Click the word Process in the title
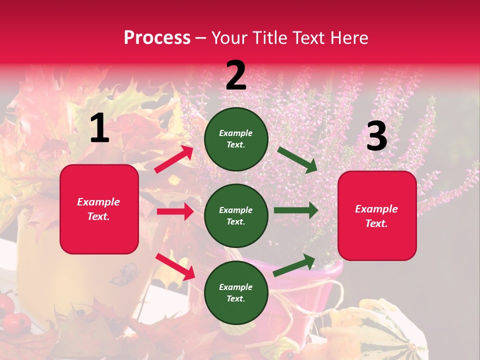[157, 38]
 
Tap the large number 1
[99, 128]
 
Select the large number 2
[236, 75]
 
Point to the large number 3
[376, 136]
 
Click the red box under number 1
[99, 209]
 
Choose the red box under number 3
[377, 215]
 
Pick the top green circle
[236, 139]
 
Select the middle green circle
[236, 215]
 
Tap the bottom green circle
[236, 292]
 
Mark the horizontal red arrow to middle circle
[175, 211]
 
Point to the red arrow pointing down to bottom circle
[175, 266]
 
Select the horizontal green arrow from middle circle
[295, 210]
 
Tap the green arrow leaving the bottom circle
[294, 265]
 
